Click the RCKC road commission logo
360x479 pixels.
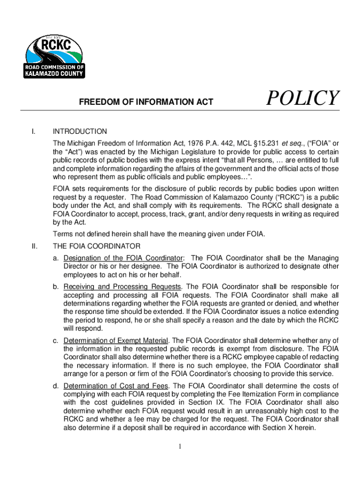click(54, 56)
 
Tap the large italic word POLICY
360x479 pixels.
click(302, 99)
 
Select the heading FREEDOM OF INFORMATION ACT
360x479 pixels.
click(146, 102)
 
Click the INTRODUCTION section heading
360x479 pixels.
click(80, 131)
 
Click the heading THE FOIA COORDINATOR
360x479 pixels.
click(96, 246)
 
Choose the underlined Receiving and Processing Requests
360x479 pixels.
click(122, 286)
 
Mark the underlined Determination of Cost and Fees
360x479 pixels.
click(116, 385)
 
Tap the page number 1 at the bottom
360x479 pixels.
click(180, 447)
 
